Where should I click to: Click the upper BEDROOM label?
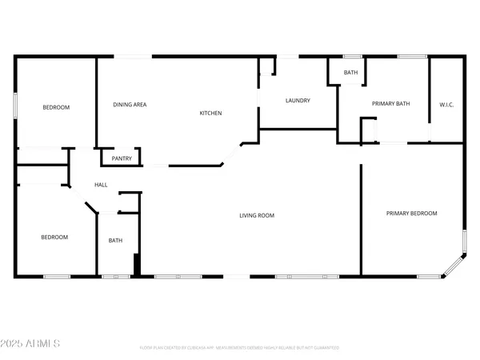[55, 107]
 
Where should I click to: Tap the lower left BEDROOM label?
[54, 237]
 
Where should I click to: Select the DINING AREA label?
[130, 105]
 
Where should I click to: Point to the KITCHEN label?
[210, 114]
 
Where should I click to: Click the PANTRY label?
[122, 158]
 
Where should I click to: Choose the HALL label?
[101, 185]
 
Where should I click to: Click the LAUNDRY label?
[298, 101]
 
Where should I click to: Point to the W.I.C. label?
[446, 105]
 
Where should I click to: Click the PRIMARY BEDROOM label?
[412, 213]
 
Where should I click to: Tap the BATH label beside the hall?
[115, 240]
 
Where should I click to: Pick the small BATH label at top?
[350, 73]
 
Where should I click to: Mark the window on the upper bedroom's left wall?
[15, 107]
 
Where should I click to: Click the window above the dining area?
[133, 56]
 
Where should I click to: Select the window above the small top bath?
[351, 56]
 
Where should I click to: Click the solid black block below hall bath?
[137, 266]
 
